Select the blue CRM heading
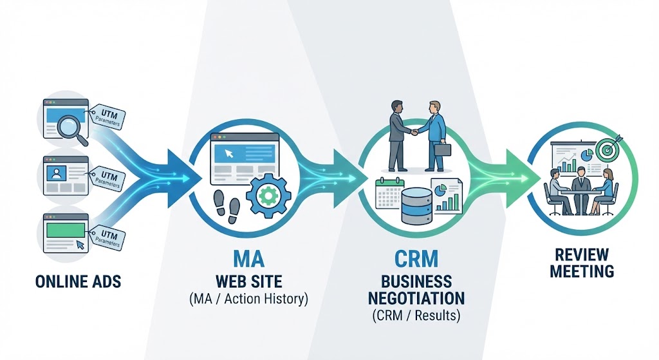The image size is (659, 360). (x=415, y=260)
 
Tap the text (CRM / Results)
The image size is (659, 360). (x=415, y=316)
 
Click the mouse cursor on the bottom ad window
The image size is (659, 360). (x=79, y=244)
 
